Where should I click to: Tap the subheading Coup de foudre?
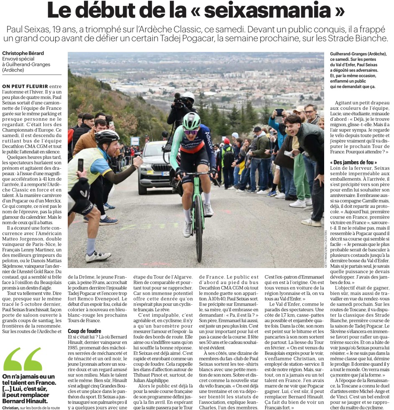(85, 330)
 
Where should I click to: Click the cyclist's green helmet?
(192, 121)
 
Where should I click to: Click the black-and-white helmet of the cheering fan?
(107, 136)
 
